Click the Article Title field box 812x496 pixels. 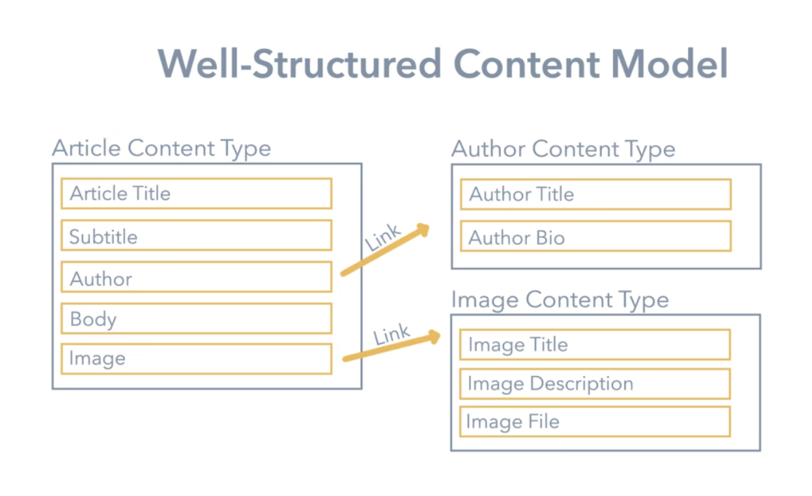point(196,193)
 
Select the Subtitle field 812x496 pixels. point(196,235)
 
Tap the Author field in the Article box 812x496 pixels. point(196,278)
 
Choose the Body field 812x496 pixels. point(196,318)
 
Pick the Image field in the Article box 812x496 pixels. point(196,359)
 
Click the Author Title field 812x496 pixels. point(595,194)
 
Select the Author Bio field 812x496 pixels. point(595,237)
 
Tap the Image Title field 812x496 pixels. point(594,344)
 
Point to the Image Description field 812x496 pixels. point(594,383)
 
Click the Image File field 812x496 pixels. point(594,422)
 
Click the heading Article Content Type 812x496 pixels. point(161,149)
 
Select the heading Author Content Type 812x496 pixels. point(563,149)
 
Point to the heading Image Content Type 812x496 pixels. point(560,300)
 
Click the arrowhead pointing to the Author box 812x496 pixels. point(423,230)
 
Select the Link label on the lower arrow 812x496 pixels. point(392,335)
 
